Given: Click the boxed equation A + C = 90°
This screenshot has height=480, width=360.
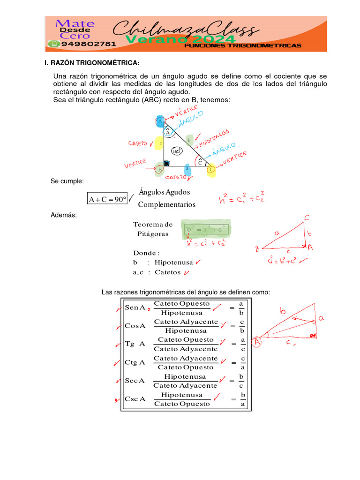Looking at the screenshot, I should click(107, 200).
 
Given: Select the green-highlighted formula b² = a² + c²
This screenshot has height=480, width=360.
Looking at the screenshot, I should click(206, 230).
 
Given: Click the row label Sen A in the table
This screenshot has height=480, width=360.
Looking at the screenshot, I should click(135, 308).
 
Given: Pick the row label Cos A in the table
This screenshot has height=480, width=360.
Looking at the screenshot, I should click(135, 326).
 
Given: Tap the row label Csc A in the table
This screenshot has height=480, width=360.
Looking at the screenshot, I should click(135, 399).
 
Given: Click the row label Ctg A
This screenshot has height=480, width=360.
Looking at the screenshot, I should click(135, 362).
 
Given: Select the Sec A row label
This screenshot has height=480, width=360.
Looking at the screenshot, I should click(135, 381).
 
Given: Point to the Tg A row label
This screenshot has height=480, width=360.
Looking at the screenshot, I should click(135, 344).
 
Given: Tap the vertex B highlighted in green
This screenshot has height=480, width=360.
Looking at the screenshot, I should click(160, 169).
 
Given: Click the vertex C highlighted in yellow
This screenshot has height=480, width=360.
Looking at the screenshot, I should click(211, 169).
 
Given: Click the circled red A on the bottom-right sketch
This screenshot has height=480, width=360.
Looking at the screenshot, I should click(257, 343).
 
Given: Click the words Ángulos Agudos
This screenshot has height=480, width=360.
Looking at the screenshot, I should click(164, 192).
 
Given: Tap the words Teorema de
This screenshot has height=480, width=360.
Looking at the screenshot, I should click(153, 225).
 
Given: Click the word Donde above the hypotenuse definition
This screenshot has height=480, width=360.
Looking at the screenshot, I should click(146, 253).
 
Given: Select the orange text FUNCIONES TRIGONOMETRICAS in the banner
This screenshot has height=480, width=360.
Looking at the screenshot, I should click(243, 46).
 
